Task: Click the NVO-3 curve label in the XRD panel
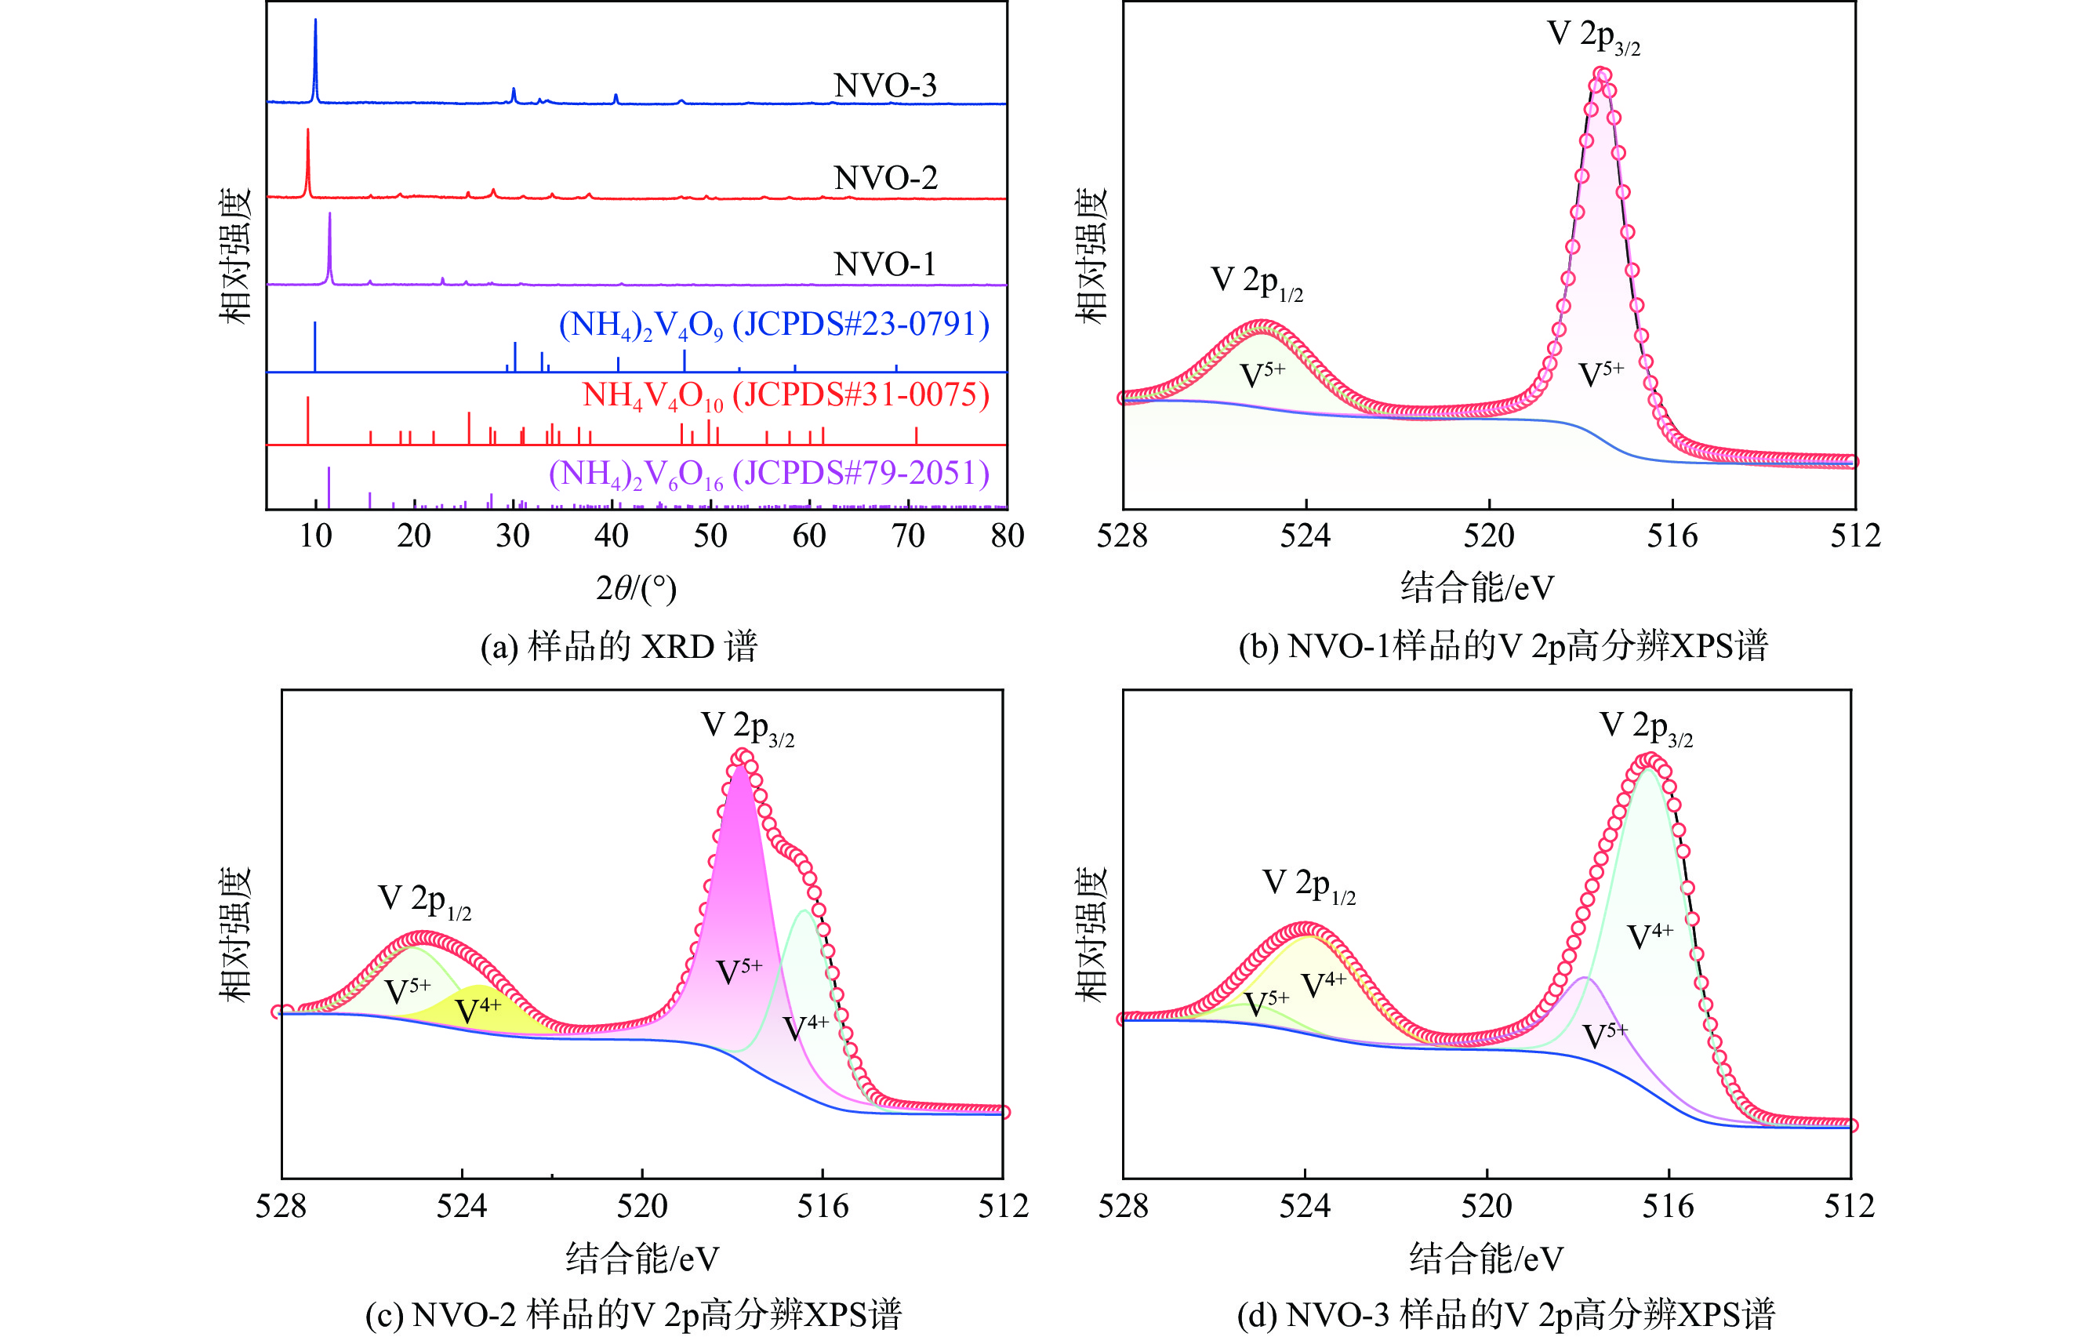pyautogui.click(x=884, y=85)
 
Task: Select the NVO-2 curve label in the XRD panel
pyautogui.click(x=884, y=178)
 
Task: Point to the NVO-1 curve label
pyautogui.click(x=884, y=264)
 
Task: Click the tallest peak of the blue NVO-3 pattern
pyautogui.click(x=315, y=22)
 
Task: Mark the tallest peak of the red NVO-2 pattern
pyautogui.click(x=307, y=132)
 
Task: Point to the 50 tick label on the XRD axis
pyautogui.click(x=710, y=535)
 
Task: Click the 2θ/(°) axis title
pyautogui.click(x=637, y=588)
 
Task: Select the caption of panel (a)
pyautogui.click(x=619, y=647)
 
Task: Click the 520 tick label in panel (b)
pyautogui.click(x=1489, y=535)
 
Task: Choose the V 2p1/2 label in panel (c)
pyautogui.click(x=424, y=900)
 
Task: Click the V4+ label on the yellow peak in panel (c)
pyautogui.click(x=478, y=1009)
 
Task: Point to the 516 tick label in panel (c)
pyautogui.click(x=823, y=1206)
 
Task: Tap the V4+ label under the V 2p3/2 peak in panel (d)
pyautogui.click(x=1650, y=936)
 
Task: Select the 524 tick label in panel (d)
pyautogui.click(x=1305, y=1206)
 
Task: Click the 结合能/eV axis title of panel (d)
pyautogui.click(x=1486, y=1259)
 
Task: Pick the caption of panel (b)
pyautogui.click(x=1503, y=647)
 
